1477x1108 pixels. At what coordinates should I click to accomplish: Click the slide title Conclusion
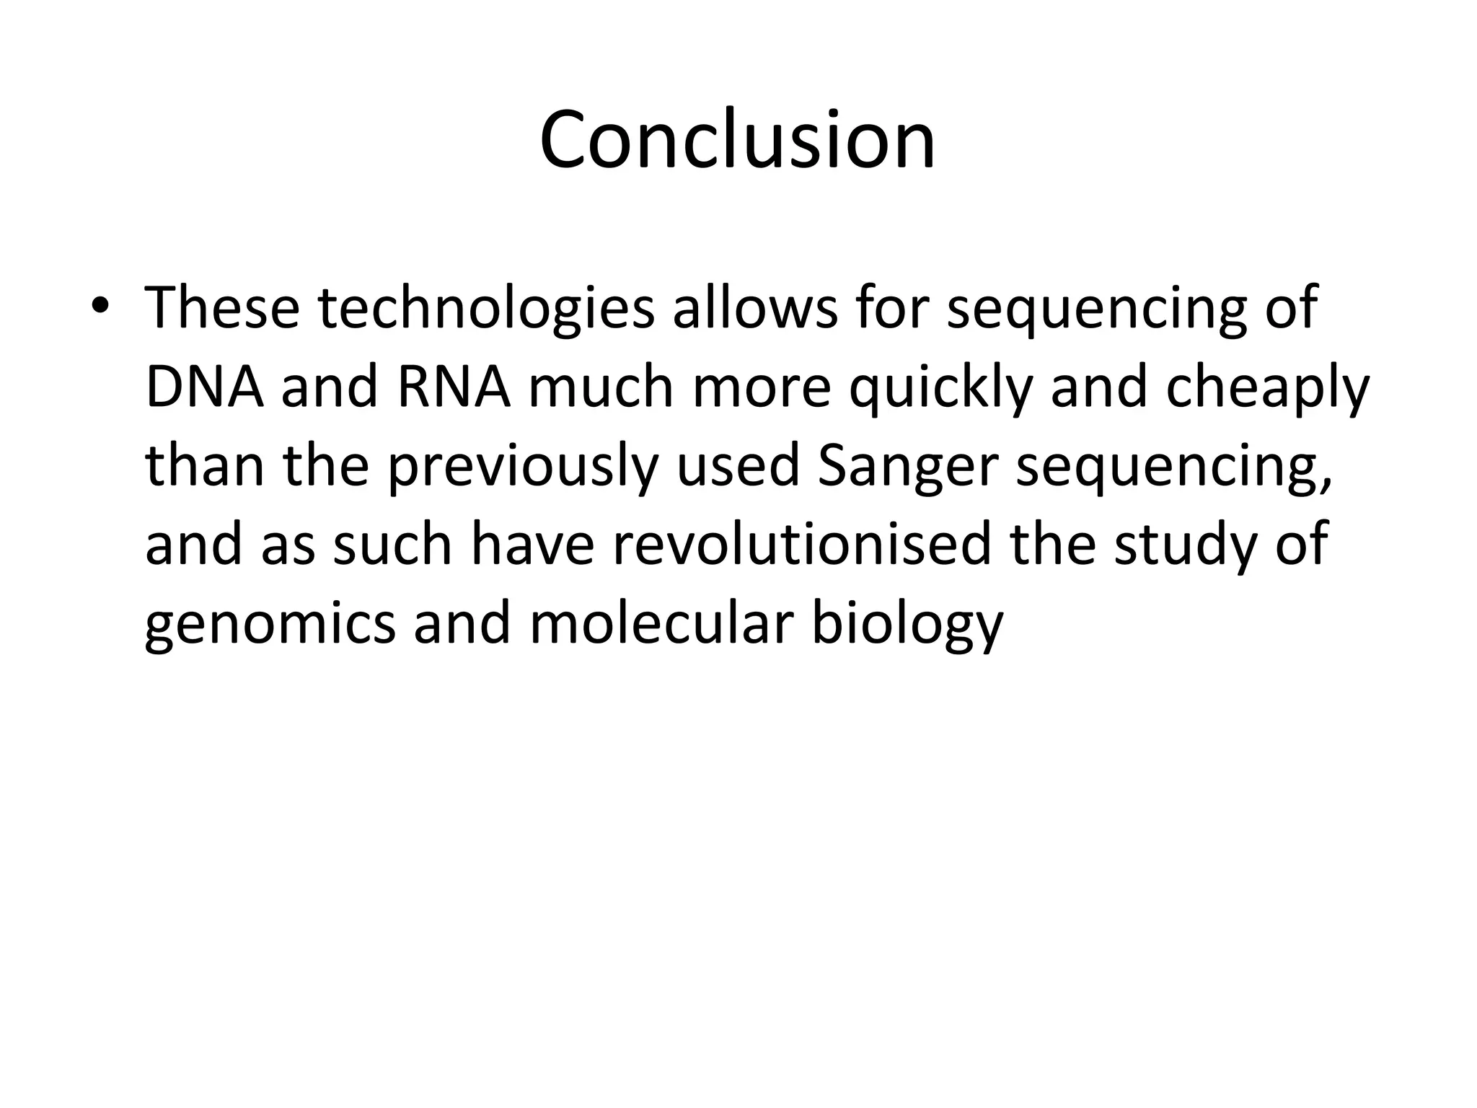coord(737,140)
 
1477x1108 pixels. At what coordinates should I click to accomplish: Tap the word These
coord(222,308)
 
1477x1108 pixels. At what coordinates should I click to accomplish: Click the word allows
coord(755,308)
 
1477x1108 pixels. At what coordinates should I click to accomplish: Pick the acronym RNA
coord(454,387)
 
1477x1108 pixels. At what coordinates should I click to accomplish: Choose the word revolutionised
coord(802,545)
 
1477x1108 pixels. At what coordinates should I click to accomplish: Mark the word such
coord(392,545)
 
